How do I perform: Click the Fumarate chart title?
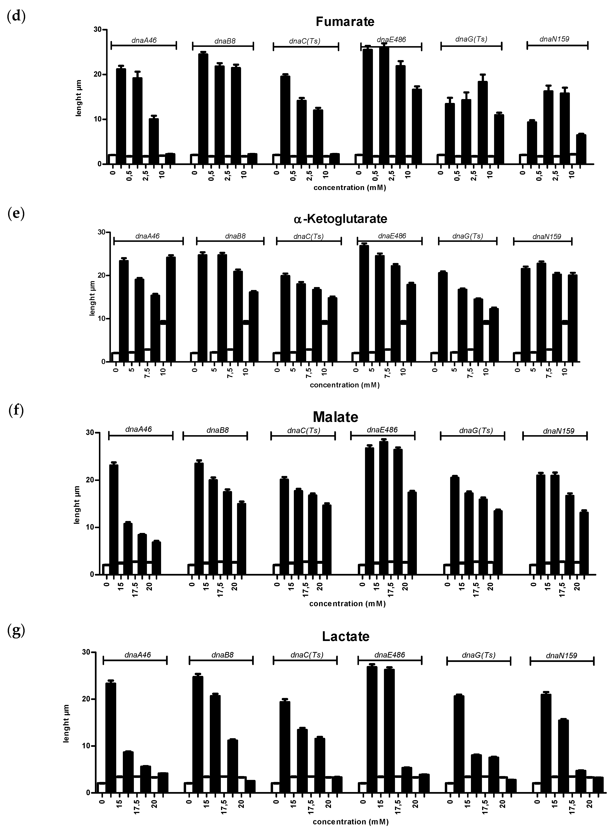pos(345,22)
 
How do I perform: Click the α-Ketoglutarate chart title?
pos(340,219)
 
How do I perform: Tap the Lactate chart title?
pos(346,636)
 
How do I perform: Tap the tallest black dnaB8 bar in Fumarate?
pos(203,108)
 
